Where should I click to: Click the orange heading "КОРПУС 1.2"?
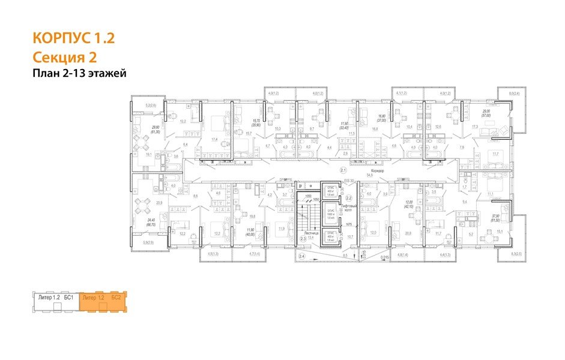[x=73, y=40]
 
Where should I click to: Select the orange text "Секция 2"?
[x=64, y=58]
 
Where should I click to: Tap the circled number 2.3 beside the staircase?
[x=303, y=239]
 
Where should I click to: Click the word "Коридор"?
[x=379, y=170]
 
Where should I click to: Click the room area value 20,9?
[x=160, y=203]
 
